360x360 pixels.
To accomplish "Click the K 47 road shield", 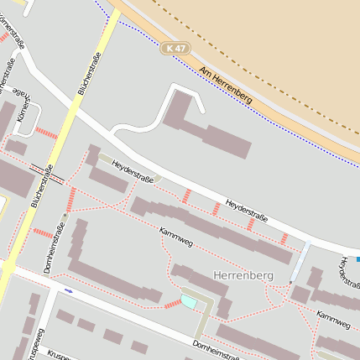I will [175, 50].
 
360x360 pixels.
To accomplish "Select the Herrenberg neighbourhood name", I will [243, 275].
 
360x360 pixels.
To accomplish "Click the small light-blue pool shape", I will [190, 300].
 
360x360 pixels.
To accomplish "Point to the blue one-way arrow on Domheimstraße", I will [68, 290].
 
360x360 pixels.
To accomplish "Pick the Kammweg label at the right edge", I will [333, 317].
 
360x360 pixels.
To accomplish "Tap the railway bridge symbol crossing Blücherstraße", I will [47, 174].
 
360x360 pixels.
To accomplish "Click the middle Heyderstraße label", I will [246, 211].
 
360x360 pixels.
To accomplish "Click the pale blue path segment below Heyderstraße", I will [300, 263].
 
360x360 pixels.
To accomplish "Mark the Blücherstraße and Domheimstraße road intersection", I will [7, 268].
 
